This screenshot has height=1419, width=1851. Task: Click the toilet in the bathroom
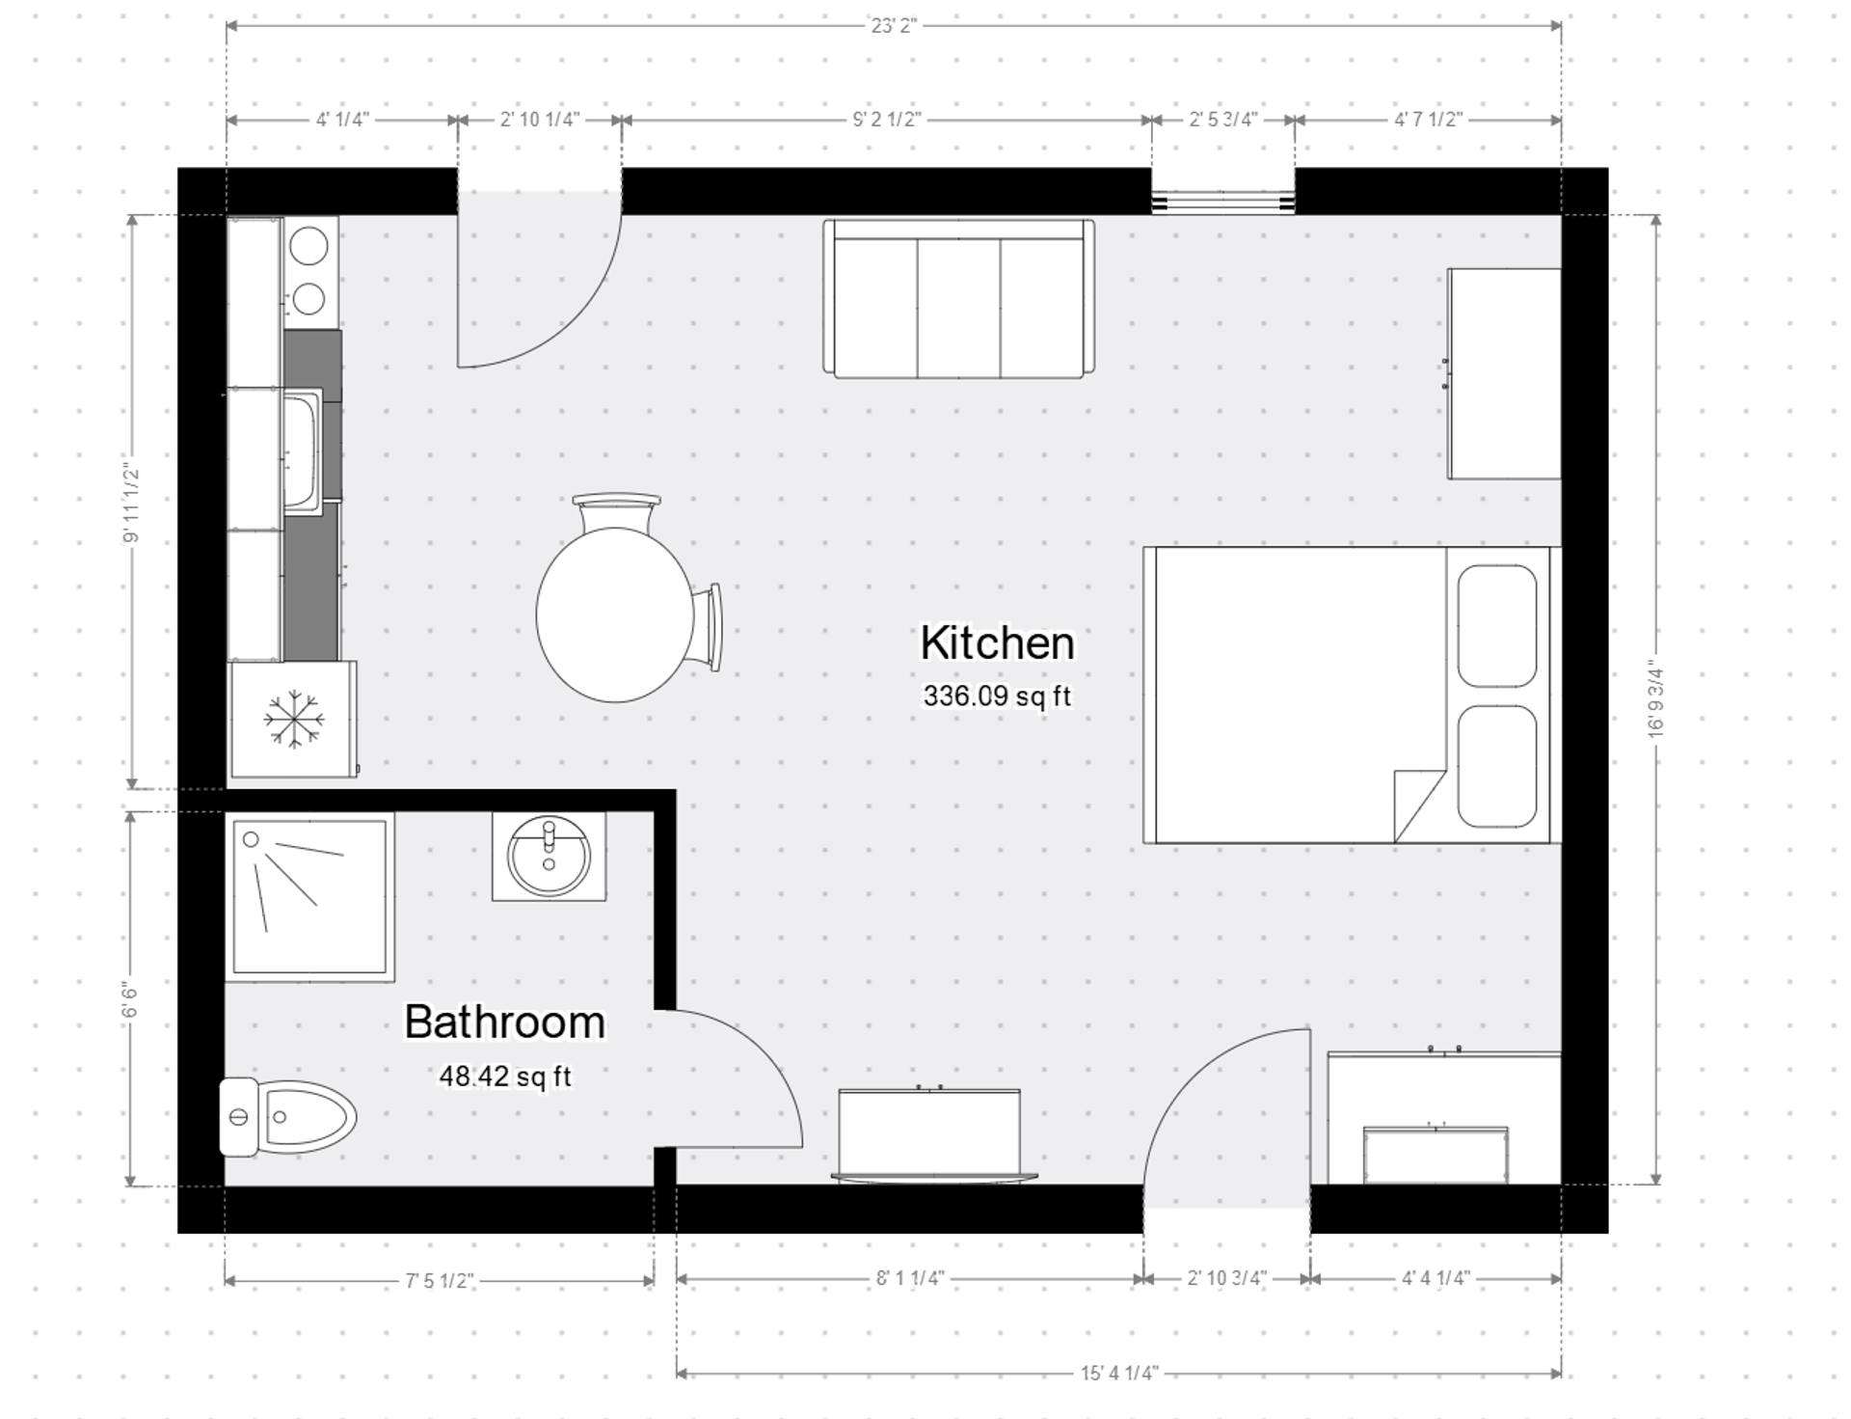(x=289, y=1117)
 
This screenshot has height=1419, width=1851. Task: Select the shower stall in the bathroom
(x=309, y=897)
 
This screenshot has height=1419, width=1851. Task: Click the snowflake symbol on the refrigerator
(x=293, y=720)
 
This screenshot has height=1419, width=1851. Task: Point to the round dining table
(x=614, y=614)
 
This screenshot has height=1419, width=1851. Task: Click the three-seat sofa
(x=958, y=299)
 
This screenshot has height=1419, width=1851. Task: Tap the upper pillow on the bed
(x=1496, y=626)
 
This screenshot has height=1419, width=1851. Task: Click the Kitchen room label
(x=997, y=643)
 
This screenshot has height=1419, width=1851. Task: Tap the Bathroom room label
(x=504, y=1023)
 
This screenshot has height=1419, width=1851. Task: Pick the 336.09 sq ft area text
(x=997, y=696)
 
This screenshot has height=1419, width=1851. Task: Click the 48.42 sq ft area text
(x=505, y=1077)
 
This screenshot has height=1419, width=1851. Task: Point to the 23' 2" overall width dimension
(x=894, y=26)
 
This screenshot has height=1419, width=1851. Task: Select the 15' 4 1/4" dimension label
(x=1118, y=1373)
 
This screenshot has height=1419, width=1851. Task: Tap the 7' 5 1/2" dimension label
(x=440, y=1281)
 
